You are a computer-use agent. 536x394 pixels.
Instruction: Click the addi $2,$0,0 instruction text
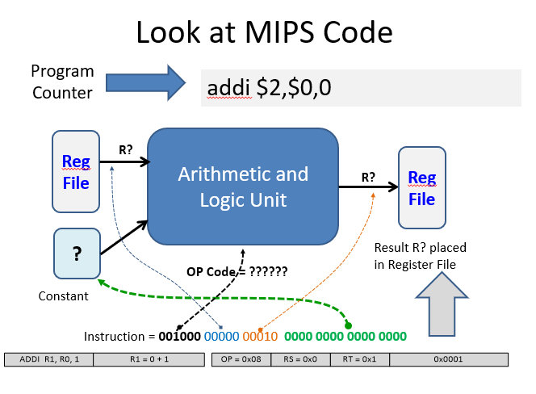pos(270,87)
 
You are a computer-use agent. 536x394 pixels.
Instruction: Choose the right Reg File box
pos(421,188)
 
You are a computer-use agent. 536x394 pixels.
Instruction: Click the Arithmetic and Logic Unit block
pos(243,186)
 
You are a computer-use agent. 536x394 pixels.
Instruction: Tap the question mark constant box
pos(77,254)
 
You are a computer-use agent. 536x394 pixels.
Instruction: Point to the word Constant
pos(64,296)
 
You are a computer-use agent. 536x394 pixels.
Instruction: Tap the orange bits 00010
pos(260,335)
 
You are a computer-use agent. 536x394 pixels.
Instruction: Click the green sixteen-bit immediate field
pos(345,335)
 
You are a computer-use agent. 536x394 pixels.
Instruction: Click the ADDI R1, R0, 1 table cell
pos(48,359)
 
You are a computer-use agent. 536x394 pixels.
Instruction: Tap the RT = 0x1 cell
pos(359,359)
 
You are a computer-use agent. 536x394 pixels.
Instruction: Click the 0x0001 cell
pos(448,359)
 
